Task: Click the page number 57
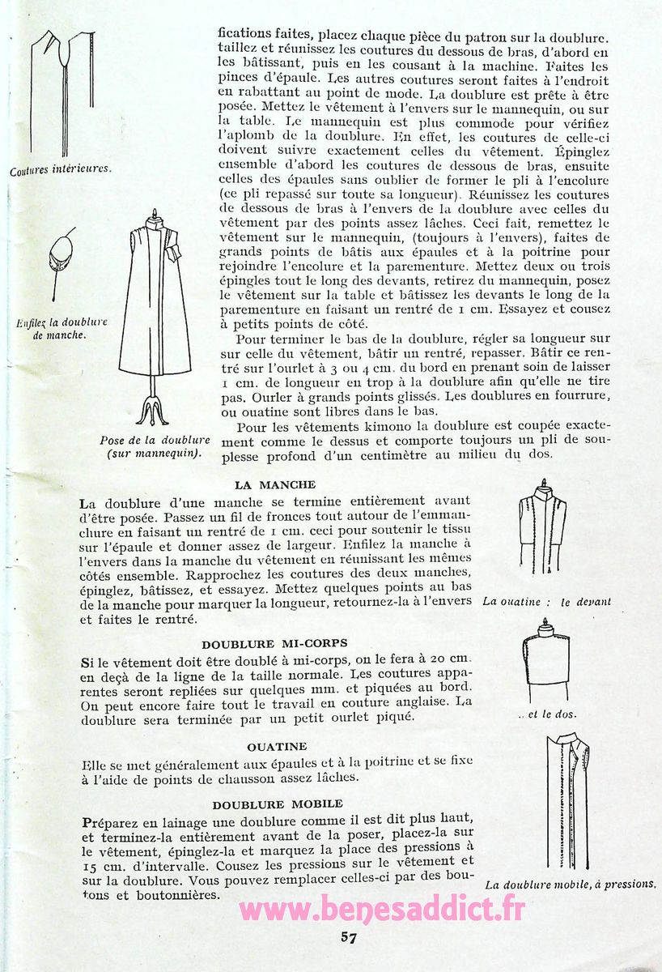[350, 938]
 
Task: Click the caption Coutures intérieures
[60, 171]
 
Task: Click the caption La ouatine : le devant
[546, 602]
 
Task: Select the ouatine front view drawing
[543, 531]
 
